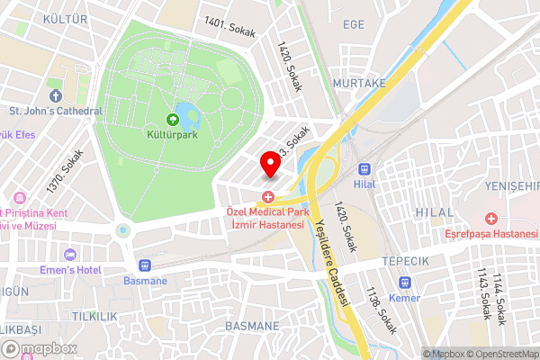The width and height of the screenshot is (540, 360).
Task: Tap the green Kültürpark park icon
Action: pos(172,120)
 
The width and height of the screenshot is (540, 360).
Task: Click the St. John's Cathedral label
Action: pos(56,112)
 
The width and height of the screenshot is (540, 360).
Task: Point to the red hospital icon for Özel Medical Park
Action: pos(267,196)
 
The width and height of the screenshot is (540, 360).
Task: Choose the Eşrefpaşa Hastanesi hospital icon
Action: pos(491,219)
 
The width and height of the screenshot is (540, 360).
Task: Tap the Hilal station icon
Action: pos(365,168)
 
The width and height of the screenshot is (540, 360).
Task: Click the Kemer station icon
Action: pos(404,283)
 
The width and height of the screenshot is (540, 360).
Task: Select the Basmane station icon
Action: pos(143,265)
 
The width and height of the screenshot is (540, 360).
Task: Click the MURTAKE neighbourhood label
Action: pos(358,82)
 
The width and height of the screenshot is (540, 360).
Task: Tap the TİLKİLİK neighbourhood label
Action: pos(95,316)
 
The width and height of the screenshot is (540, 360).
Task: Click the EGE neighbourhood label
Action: pos(353,24)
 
